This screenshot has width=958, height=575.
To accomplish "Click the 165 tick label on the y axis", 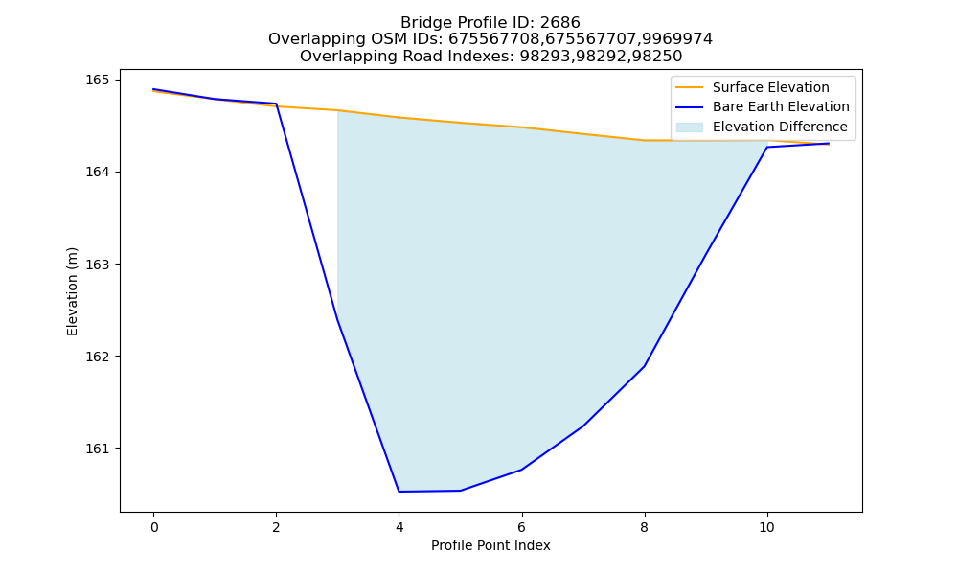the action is coord(97,80).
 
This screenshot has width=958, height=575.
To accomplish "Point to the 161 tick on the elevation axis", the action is coord(97,448).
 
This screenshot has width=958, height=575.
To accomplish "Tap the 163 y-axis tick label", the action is coord(97,264).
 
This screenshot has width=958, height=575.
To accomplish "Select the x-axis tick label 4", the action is coord(399,527).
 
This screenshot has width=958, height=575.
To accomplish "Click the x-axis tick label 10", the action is coord(766,527).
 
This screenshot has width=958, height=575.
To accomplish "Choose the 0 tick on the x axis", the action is coord(154,527).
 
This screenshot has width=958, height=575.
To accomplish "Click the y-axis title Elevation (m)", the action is coord(72,291).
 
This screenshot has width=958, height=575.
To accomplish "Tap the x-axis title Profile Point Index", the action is coord(490,545).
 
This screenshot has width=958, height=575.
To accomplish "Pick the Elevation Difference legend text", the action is coord(780,126).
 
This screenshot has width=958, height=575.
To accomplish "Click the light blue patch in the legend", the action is coord(689,127).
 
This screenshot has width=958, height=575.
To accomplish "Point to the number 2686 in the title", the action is coord(559,23).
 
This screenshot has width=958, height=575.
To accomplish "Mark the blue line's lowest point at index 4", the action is coord(399,492).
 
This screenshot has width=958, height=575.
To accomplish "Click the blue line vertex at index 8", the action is coord(645,366).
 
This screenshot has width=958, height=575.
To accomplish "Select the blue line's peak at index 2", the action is coord(276,103).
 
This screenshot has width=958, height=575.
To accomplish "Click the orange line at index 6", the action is coord(522,127).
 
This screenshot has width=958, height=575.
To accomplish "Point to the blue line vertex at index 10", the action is coord(766,147).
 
